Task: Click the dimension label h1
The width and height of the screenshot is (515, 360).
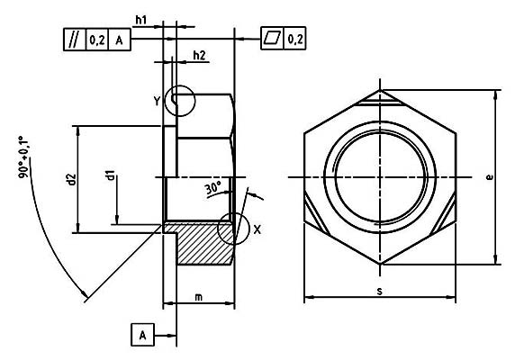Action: [141, 20]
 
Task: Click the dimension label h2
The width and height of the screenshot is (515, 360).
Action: [199, 56]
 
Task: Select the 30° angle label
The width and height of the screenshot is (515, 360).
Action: [212, 188]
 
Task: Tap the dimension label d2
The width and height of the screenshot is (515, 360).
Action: [70, 180]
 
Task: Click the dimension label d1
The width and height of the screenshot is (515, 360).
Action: [110, 178]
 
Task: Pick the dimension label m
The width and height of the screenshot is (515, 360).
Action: [197, 297]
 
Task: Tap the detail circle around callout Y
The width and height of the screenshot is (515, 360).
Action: [180, 102]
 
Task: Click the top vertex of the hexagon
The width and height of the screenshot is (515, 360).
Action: [381, 90]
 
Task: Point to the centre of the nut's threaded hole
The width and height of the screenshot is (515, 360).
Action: [381, 177]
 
